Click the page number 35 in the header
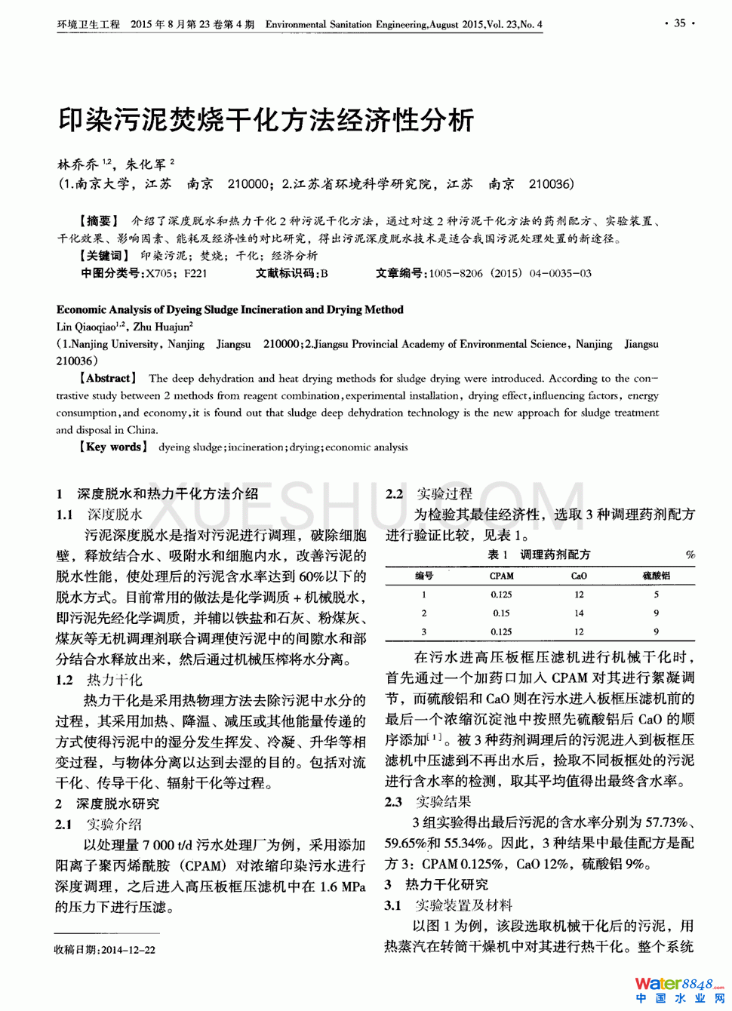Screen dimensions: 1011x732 point(680,23)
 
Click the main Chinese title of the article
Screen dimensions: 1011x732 point(266,120)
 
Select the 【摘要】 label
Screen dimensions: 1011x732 point(99,221)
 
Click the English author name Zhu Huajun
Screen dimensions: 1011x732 point(163,327)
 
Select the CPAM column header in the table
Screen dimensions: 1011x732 point(501,576)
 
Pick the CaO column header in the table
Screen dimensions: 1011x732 point(579,576)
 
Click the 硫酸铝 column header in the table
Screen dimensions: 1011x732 point(656,576)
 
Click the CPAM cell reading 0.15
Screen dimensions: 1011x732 point(501,613)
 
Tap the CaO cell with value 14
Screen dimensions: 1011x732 point(579,613)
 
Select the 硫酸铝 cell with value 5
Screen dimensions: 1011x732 point(656,595)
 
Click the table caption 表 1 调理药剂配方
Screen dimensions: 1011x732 point(539,555)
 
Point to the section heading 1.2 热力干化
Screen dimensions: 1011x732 point(99,680)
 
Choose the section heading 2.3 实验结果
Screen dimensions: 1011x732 point(428,801)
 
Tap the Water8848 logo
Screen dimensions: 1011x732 point(679,990)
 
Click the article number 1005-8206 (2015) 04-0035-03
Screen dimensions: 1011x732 point(510,273)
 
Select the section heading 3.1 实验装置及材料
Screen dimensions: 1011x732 point(448,905)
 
